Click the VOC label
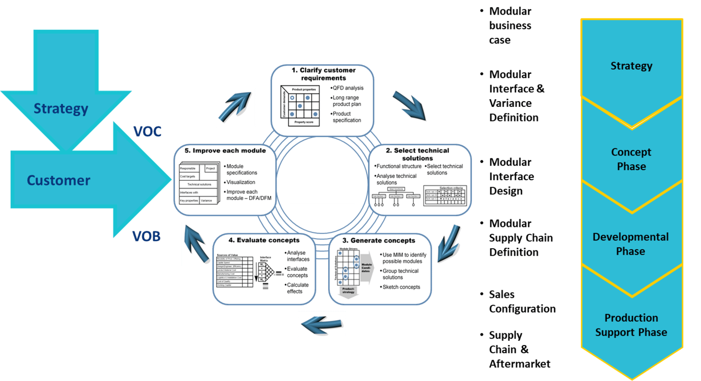[147, 131]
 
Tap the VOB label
[146, 236]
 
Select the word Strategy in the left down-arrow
[61, 108]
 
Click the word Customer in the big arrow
[58, 180]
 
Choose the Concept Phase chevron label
[631, 159]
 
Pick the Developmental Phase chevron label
[631, 244]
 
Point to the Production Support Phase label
[631, 325]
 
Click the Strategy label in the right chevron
[631, 66]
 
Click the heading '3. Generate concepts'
[385, 240]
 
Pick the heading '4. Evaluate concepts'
[264, 240]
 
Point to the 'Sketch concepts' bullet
[401, 287]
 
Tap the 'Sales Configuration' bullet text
[522, 301]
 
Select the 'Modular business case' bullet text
[510, 25]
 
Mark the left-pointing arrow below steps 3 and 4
[322, 324]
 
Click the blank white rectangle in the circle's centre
[321, 183]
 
